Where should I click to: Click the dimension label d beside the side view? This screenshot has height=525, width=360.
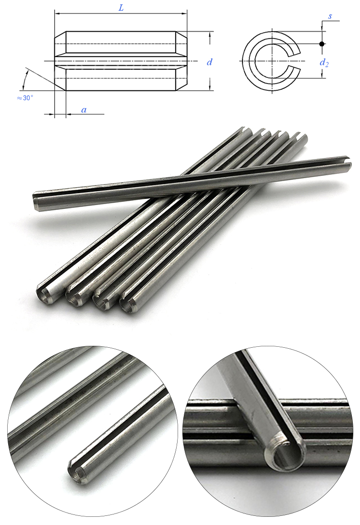pyautogui.click(x=209, y=62)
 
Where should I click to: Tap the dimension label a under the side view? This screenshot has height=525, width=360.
pyautogui.click(x=84, y=110)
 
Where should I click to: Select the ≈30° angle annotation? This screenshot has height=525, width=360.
pyautogui.click(x=25, y=98)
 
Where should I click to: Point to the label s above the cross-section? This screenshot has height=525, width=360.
pyautogui.click(x=330, y=16)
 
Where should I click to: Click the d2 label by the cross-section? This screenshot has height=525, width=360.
pyautogui.click(x=325, y=63)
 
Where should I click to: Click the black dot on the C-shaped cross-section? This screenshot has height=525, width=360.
pyautogui.click(x=322, y=44)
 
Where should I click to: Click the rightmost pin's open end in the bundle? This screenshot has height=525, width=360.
pyautogui.click(x=127, y=305)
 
